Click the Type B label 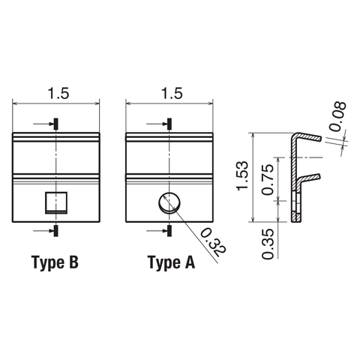[55, 263]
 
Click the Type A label [171, 263]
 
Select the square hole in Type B [56, 202]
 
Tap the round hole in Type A [169, 202]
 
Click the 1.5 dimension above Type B [58, 94]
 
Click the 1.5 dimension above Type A [172, 94]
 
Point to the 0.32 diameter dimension [213, 242]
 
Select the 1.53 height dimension [243, 175]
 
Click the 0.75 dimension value [268, 179]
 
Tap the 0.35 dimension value [268, 244]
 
